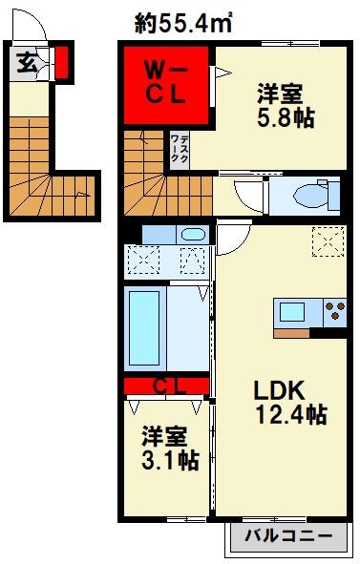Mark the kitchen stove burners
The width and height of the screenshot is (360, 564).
(335, 312)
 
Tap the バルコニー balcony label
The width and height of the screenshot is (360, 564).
(286, 536)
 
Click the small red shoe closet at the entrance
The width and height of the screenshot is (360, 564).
(61, 64)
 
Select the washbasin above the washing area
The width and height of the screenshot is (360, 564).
(192, 234)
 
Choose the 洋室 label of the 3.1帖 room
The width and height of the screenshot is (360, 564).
(163, 436)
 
